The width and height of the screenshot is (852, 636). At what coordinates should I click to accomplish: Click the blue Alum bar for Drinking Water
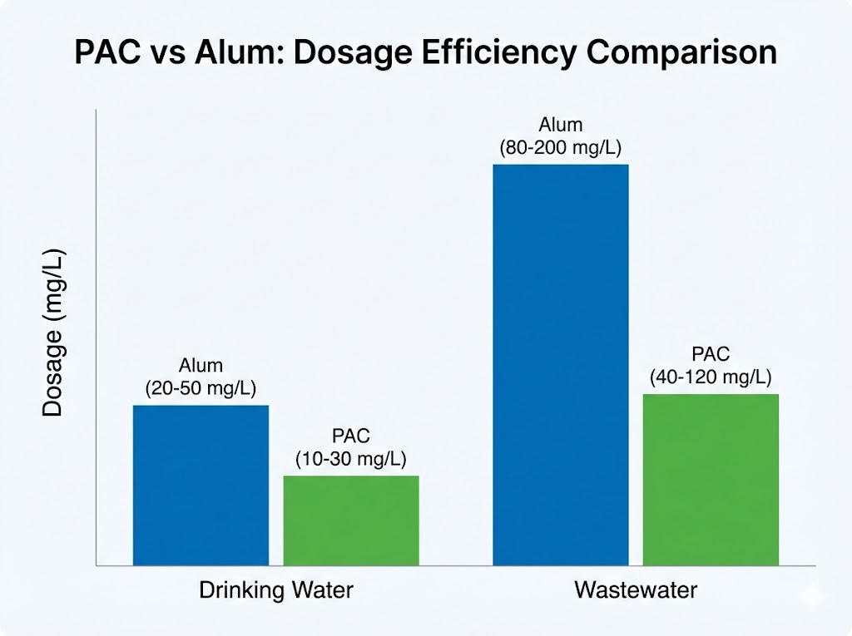point(201,485)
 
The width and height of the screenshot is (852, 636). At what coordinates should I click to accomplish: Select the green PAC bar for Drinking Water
point(351,520)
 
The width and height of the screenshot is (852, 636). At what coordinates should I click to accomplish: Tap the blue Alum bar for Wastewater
point(561,365)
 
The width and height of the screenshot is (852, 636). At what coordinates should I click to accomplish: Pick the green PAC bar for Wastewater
point(711,480)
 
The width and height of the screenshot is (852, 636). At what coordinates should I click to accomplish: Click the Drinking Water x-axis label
point(275,591)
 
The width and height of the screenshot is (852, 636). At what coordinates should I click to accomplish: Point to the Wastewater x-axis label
point(636,591)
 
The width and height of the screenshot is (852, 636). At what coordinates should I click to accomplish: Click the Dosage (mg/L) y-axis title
point(52,333)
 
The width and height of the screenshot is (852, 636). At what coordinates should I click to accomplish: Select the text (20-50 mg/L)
point(201,387)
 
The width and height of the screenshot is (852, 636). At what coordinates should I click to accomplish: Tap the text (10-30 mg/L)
point(350,458)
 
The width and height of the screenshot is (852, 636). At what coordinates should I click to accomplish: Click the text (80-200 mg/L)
point(561,148)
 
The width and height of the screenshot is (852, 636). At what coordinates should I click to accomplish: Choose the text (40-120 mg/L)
point(711,377)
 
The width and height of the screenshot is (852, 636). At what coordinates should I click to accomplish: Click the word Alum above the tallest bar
point(561,126)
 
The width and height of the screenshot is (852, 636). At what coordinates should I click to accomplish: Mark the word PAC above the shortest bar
point(350,436)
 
